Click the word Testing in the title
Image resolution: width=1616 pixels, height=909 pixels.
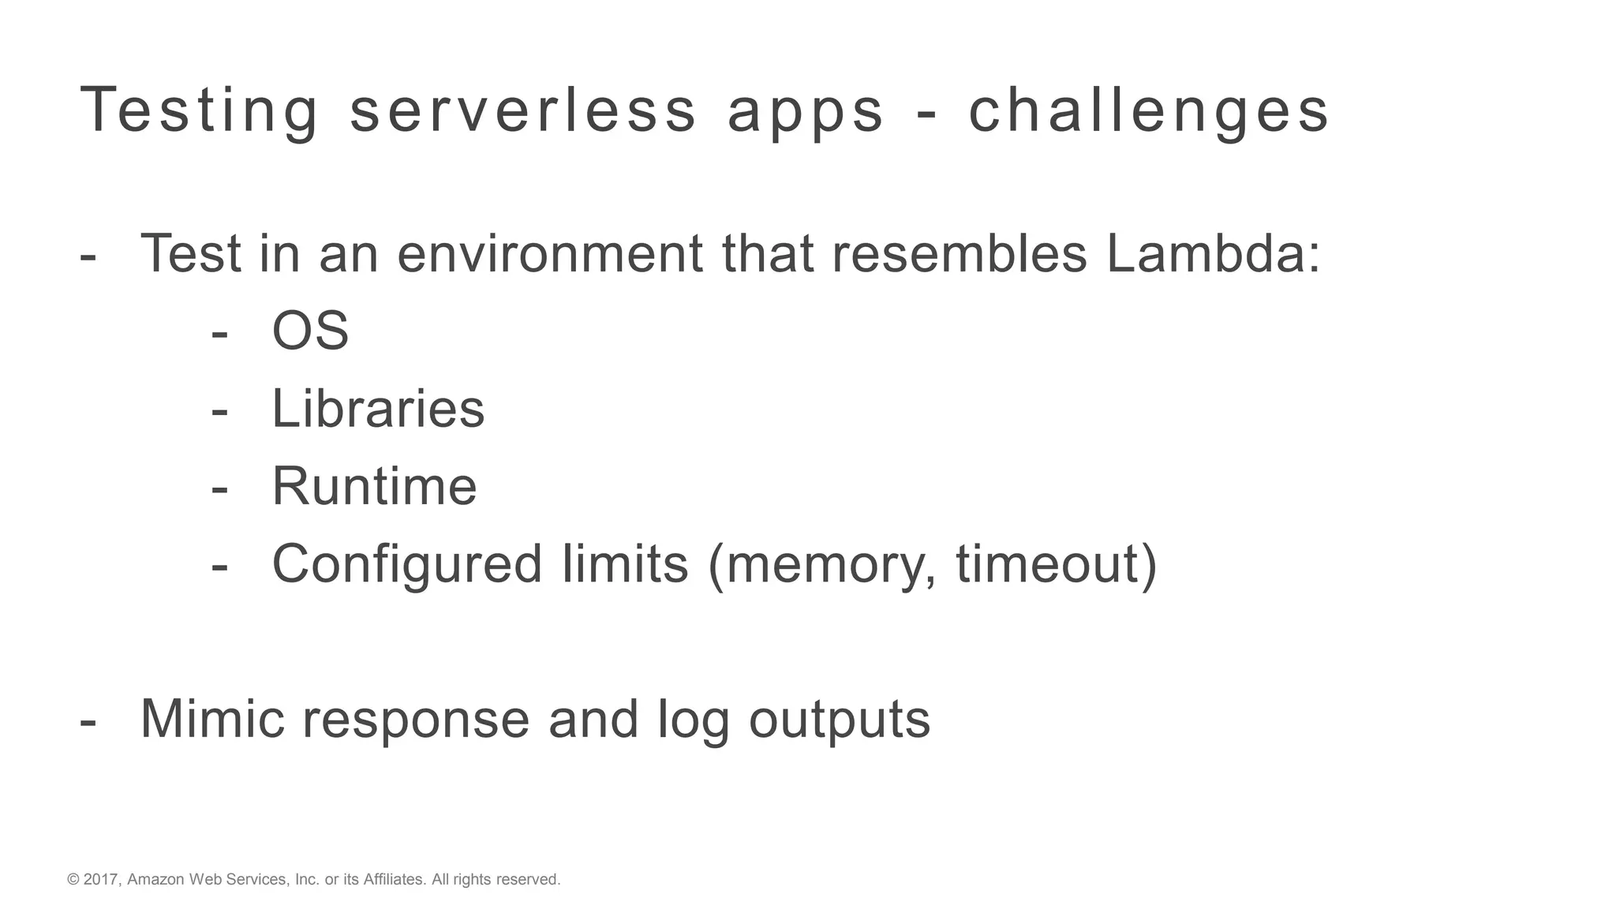pyautogui.click(x=199, y=111)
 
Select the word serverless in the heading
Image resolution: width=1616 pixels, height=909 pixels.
pyautogui.click(x=523, y=111)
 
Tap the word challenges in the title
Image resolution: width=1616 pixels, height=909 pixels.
pyautogui.click(x=1149, y=111)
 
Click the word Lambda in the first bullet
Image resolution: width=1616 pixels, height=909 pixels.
pyautogui.click(x=1212, y=254)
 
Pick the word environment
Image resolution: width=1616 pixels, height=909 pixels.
pyautogui.click(x=549, y=254)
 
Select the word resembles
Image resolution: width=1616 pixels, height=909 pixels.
pyautogui.click(x=959, y=254)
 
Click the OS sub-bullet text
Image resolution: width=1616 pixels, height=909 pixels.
pyautogui.click(x=310, y=331)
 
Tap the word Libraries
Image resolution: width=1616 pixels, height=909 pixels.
pyautogui.click(x=378, y=409)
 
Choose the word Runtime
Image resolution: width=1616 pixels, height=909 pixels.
pyautogui.click(x=374, y=486)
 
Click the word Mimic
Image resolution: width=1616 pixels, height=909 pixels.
pyautogui.click(x=212, y=719)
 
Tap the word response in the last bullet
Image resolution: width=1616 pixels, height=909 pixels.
pyautogui.click(x=416, y=720)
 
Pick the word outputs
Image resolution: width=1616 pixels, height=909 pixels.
pyautogui.click(x=840, y=720)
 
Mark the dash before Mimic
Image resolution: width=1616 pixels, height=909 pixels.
pyautogui.click(x=88, y=720)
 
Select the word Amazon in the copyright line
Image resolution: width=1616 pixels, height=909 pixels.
pyautogui.click(x=155, y=880)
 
